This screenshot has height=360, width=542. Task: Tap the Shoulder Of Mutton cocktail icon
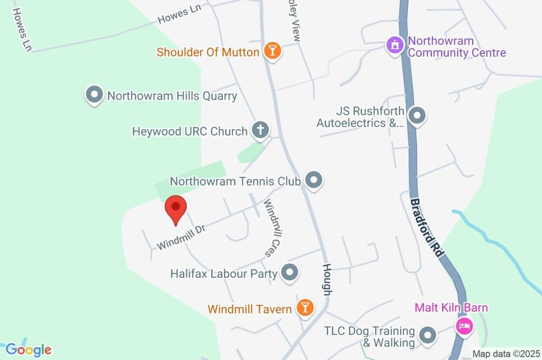coord(273,51)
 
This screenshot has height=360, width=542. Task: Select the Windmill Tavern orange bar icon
coord(305,308)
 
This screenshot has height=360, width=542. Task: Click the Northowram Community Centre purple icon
coord(394,46)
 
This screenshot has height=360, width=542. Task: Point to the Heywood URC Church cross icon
coord(260,130)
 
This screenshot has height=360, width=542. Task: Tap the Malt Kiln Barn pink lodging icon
coord(464,325)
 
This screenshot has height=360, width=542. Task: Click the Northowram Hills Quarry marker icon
coord(94,95)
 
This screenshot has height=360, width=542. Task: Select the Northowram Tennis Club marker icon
coord(314,181)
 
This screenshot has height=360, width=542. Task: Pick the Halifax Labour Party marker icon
coord(290,273)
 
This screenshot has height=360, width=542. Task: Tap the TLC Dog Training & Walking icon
coord(427,335)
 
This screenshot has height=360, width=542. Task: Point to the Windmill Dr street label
coord(180,237)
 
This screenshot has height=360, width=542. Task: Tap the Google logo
coord(29,349)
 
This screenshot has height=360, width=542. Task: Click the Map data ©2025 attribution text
coord(507,354)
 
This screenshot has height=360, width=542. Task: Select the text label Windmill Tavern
coord(250,308)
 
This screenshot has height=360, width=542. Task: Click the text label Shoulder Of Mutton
coord(208,52)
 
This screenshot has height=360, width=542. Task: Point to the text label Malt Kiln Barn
coord(451,308)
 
